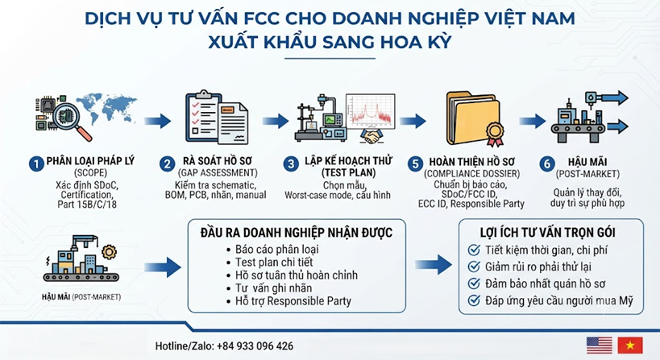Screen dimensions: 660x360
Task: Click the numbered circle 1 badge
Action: click(x=36, y=164)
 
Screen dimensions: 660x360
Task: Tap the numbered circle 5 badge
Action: click(x=415, y=164)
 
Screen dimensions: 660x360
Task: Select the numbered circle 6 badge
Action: click(x=547, y=163)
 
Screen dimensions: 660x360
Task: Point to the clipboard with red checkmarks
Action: click(x=203, y=116)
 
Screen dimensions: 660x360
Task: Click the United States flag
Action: click(x=600, y=346)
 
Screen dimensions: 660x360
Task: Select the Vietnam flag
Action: click(x=630, y=346)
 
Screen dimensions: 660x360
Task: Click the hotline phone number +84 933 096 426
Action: click(x=255, y=346)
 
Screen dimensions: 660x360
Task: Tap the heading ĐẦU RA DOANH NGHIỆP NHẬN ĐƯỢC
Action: click(x=297, y=233)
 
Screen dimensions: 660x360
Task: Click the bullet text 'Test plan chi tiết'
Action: click(x=274, y=263)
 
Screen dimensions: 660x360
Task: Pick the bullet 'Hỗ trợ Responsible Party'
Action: click(x=293, y=301)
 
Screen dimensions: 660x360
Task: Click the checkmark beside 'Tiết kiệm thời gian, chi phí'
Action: click(x=474, y=250)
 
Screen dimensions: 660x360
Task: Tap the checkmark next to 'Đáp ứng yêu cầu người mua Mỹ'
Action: click(x=474, y=300)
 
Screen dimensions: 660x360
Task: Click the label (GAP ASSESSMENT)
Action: click(x=218, y=173)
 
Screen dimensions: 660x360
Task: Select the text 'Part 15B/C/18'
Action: click(x=87, y=205)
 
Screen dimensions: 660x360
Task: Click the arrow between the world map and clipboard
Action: click(x=158, y=121)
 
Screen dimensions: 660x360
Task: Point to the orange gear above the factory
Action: click(x=110, y=252)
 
